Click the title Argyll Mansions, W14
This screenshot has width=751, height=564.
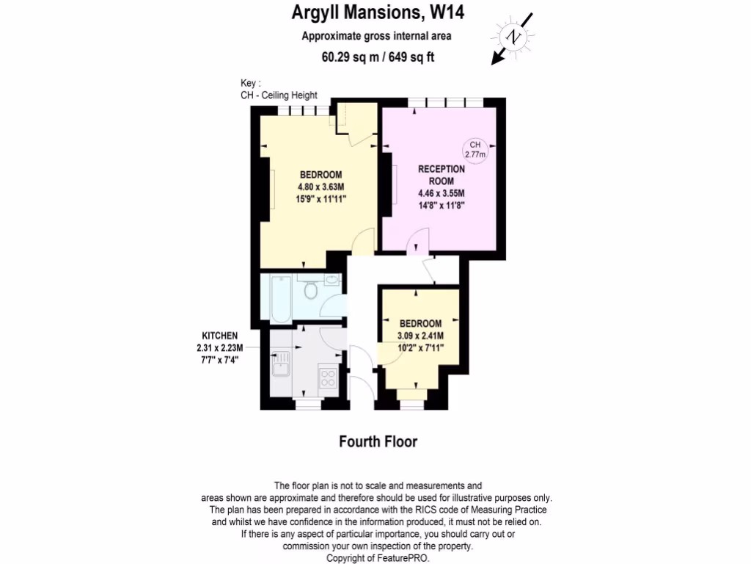(378, 12)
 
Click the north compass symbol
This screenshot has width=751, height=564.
(516, 37)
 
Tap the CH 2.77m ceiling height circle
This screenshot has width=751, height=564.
(475, 151)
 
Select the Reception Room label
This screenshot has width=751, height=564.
(441, 175)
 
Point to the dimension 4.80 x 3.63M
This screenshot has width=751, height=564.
(320, 187)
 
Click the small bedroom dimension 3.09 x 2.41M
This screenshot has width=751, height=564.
(420, 336)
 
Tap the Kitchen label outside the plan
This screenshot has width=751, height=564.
(220, 335)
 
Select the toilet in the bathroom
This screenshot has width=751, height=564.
(311, 292)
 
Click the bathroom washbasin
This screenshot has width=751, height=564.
(332, 281)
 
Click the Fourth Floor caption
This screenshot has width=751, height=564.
(378, 441)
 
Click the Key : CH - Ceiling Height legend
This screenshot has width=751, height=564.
(279, 89)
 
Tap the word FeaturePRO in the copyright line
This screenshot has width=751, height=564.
(403, 558)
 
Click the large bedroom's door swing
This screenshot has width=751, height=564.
(364, 239)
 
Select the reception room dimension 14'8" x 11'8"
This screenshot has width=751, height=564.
(441, 206)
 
